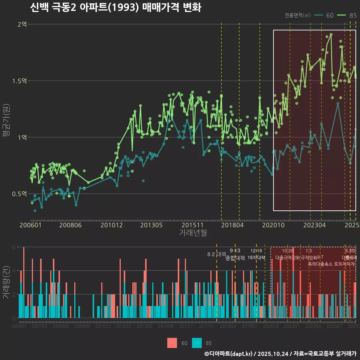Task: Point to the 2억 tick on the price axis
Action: pyautogui.click(x=22, y=24)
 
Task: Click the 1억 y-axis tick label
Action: pyautogui.click(x=22, y=138)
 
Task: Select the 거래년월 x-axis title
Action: pyautogui.click(x=193, y=232)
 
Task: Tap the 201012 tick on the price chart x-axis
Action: pyautogui.click(x=112, y=225)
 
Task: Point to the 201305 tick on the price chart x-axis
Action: pyautogui.click(x=151, y=225)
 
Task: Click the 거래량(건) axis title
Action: pyautogui.click(x=6, y=282)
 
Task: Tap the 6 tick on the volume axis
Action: pyautogui.click(x=14, y=247)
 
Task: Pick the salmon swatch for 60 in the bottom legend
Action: pyautogui.click(x=172, y=343)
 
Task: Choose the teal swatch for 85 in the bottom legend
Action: pyautogui.click(x=196, y=343)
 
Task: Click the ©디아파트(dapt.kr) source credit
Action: pyautogui.click(x=229, y=354)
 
